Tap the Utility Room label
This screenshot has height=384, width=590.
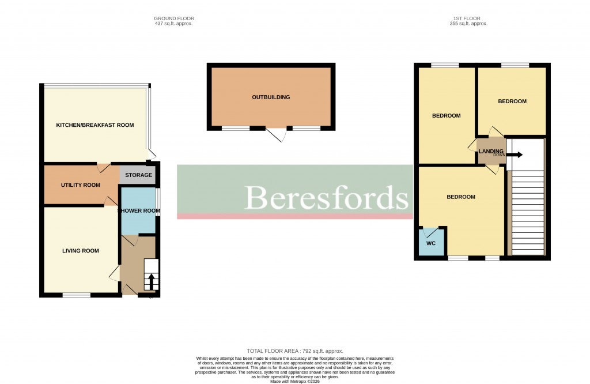pos(81,185)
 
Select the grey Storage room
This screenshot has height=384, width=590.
pos(138,175)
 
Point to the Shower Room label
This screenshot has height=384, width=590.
pos(139,211)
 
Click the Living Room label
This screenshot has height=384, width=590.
pos(81,251)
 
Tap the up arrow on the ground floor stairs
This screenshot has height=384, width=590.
pos(152,282)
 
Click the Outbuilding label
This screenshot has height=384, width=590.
pos(271,97)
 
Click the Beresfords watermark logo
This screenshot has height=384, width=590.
pos(327,198)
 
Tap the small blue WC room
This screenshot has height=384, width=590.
pos(432,242)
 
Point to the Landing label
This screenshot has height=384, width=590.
pos(491,151)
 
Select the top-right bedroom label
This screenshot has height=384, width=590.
pos(512,101)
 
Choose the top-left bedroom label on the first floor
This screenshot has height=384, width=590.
pos(447,116)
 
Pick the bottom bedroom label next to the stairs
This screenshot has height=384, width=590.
pos(461,197)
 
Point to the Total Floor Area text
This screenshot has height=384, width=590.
pos(295,351)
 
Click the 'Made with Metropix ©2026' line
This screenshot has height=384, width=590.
pos(295,381)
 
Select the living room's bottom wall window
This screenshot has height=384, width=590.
pos(77,295)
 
